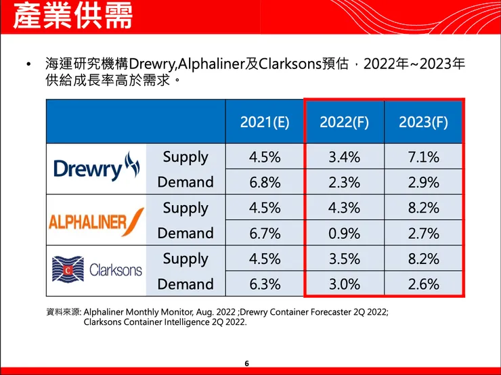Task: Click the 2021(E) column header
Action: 265,122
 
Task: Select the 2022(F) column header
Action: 344,122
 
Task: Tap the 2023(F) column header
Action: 423,122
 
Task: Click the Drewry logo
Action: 96,169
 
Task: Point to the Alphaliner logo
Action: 96,220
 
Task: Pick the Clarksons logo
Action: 96,271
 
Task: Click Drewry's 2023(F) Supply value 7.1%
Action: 423,157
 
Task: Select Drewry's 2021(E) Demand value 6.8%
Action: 265,182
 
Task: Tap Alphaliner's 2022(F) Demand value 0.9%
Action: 344,234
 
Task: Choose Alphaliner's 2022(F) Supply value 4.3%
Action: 344,208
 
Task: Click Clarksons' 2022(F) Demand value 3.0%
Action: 344,284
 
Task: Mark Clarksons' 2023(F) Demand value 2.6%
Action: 423,284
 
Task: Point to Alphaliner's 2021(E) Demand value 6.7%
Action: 265,234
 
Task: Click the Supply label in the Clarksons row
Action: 186,259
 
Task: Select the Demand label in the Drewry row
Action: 186,182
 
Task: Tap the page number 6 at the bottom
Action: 247,363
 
